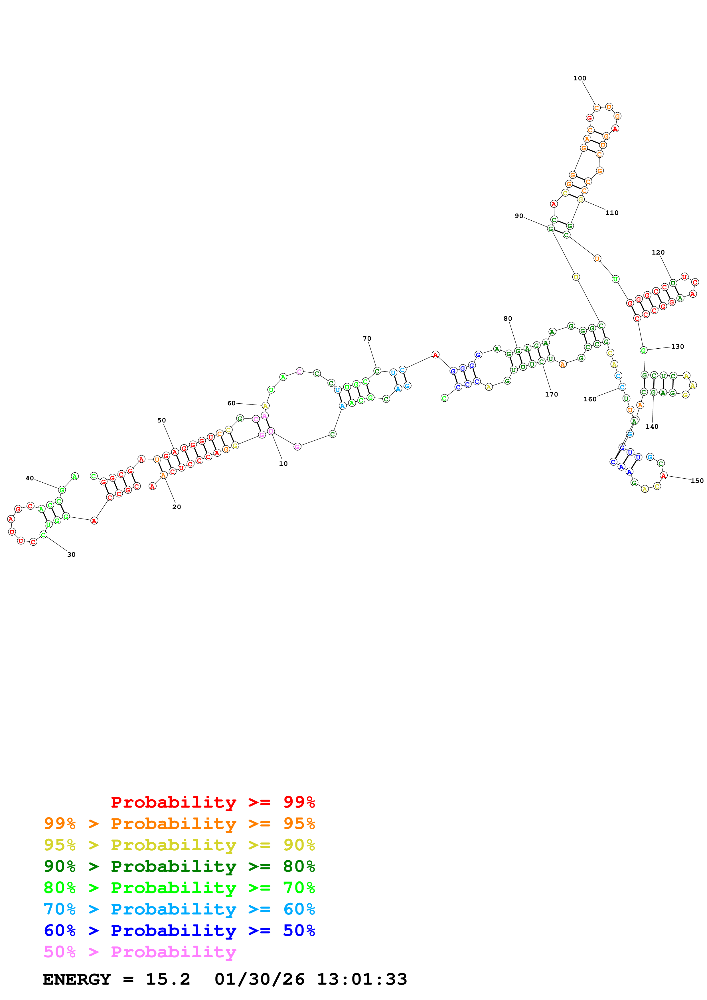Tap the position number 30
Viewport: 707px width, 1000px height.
(71, 554)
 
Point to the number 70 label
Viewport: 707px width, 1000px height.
(367, 338)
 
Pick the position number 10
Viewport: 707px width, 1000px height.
(283, 464)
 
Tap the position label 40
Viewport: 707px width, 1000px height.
(30, 478)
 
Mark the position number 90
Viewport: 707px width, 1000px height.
(519, 216)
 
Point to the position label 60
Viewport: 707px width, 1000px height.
(231, 403)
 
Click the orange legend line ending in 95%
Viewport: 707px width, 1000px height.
(179, 823)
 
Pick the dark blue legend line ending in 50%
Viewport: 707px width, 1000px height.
(179, 930)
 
